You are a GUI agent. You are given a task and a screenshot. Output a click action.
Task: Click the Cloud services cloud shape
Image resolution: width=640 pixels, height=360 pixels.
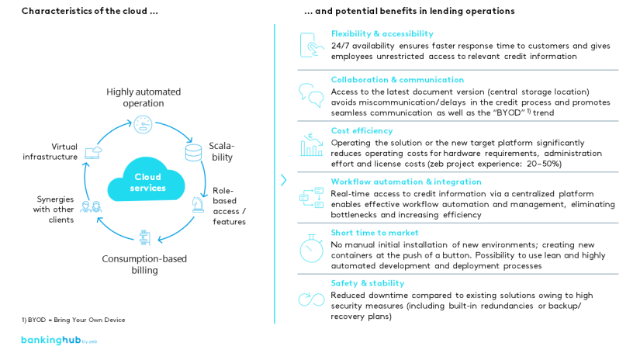click(147, 182)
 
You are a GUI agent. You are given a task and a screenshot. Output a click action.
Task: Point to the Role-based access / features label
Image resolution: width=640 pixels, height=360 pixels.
click(229, 206)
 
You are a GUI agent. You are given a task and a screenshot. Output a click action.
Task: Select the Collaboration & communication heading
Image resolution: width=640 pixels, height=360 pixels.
click(397, 80)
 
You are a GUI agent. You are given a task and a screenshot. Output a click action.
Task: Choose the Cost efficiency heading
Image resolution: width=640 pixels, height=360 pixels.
click(362, 130)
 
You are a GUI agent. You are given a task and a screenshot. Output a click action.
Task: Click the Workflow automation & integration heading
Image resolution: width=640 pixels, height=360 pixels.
click(406, 182)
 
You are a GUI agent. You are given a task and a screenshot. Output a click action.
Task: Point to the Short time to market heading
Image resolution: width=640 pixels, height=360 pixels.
click(375, 232)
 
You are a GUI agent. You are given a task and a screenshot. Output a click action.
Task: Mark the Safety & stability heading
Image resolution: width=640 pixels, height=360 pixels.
click(368, 283)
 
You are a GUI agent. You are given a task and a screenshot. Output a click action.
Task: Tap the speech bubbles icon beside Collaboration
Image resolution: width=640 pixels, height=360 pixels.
click(311, 95)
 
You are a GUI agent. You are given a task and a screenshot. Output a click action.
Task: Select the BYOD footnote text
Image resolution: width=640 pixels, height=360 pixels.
click(73, 320)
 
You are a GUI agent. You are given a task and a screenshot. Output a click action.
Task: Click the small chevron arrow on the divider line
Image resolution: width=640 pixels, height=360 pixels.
click(284, 180)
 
